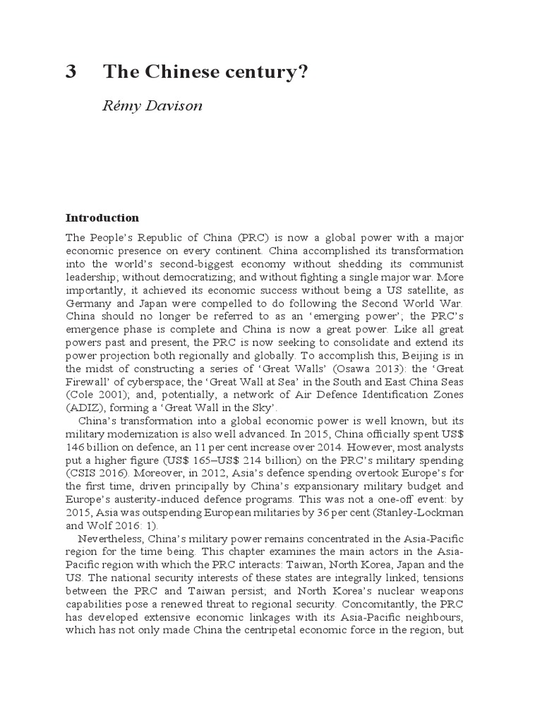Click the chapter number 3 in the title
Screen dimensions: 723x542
point(71,72)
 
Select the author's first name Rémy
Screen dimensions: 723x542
point(121,106)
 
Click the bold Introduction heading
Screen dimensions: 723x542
point(102,217)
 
